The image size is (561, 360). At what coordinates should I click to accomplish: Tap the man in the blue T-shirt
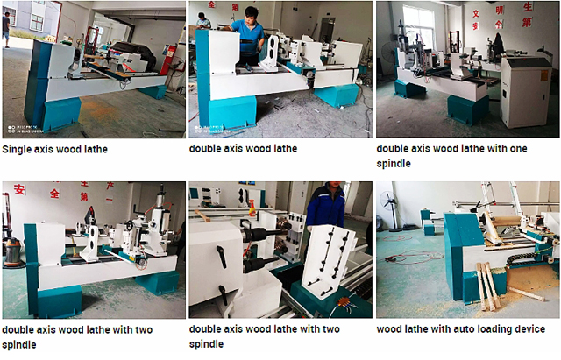click(249, 34)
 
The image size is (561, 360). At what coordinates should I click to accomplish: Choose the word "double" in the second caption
click(207, 149)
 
